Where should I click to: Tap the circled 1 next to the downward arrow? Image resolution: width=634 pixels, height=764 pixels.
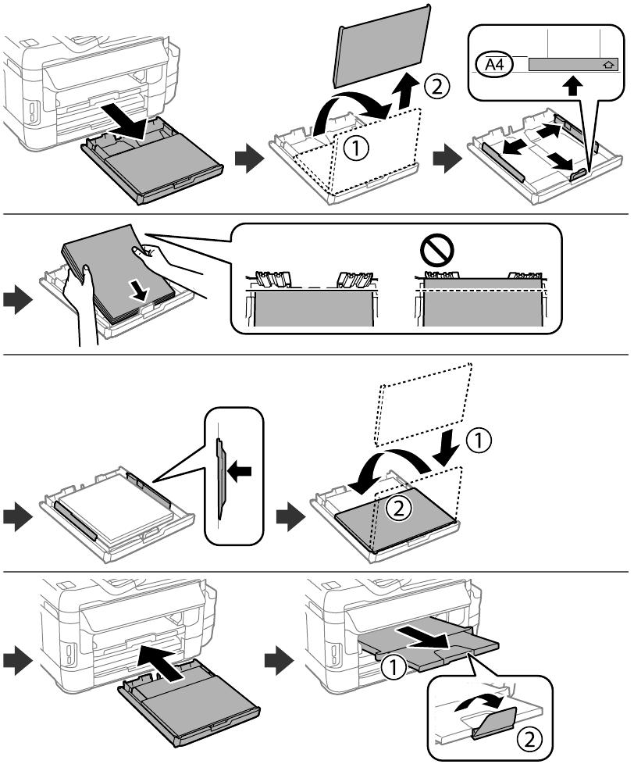point(479,440)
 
